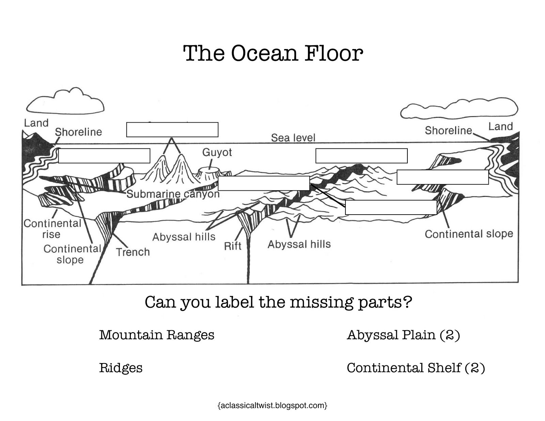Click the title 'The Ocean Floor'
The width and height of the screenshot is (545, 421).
click(273, 53)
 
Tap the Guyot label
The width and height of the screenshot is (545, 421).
click(217, 152)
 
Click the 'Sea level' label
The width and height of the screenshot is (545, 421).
click(293, 138)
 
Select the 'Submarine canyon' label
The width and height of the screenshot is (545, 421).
click(173, 194)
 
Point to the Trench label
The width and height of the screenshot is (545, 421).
click(133, 252)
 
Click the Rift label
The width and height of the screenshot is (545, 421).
click(233, 246)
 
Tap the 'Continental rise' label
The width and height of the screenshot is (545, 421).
click(52, 229)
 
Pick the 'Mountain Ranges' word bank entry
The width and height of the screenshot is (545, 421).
click(157, 335)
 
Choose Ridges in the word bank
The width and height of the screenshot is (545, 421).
click(121, 368)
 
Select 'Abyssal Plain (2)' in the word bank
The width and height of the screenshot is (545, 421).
click(403, 335)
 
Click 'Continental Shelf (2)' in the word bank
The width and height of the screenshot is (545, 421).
click(416, 368)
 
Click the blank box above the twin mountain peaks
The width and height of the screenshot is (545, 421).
click(172, 130)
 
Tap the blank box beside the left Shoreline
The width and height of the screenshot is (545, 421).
click(104, 156)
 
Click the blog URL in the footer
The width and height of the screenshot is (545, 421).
click(272, 405)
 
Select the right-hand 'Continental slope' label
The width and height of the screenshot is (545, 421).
click(469, 234)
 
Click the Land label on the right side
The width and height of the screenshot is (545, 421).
click(500, 126)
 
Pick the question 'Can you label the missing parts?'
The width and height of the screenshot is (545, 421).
click(278, 302)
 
